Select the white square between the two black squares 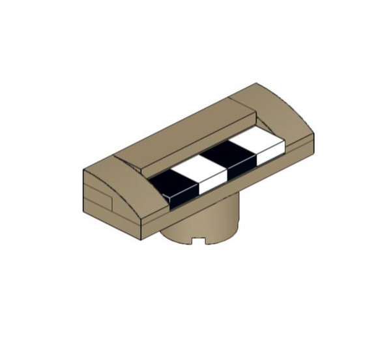pos(204,174)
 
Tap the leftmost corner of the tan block pos(84,171)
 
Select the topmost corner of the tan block pos(257,83)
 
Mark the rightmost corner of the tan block pos(314,133)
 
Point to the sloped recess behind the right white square pos(267,130)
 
